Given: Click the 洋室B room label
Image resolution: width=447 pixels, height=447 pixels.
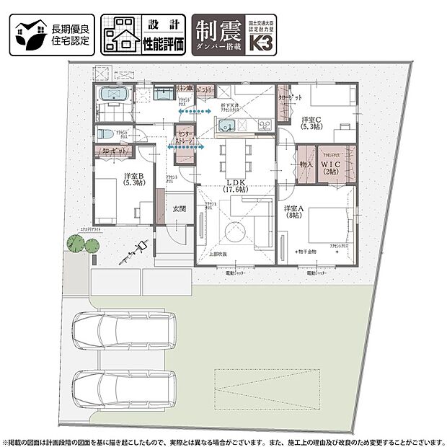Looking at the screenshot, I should (135, 179).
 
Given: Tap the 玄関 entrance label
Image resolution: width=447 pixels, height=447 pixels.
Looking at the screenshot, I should (180, 209).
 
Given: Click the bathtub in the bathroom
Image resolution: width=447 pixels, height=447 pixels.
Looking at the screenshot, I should (112, 94).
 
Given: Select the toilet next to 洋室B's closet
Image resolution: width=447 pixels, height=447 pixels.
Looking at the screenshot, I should (105, 135).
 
